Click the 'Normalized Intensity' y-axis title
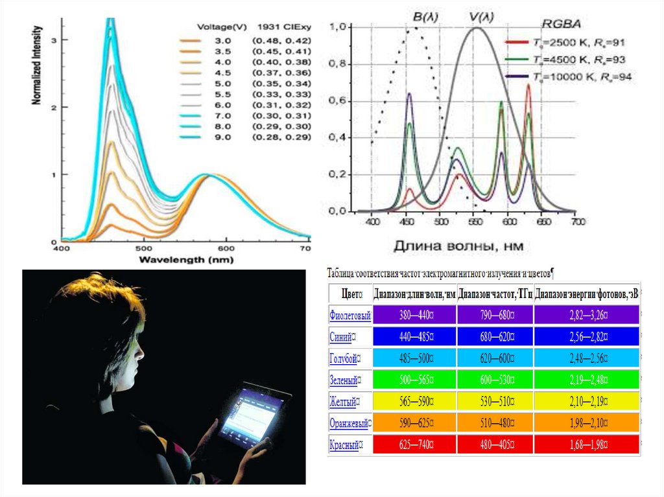click(x=37, y=65)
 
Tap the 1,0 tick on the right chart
click(x=340, y=27)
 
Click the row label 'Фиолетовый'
click(x=350, y=316)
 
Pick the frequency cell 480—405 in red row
click(x=494, y=445)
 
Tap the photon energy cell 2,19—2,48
click(x=586, y=380)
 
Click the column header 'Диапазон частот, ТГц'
click(x=495, y=294)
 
